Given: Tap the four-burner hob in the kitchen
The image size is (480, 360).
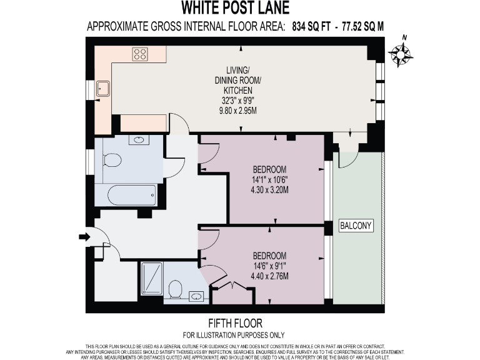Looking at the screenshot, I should tap(139, 54).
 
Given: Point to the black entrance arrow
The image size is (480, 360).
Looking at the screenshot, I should tap(84, 236).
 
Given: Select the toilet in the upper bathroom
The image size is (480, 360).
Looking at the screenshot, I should tap(112, 161).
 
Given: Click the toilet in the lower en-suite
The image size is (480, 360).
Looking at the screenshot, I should tap(176, 289).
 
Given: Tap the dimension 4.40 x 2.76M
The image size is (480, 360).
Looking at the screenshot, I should tap(269, 276).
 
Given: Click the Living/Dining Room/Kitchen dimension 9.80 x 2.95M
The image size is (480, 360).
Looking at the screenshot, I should tap(237, 111).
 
